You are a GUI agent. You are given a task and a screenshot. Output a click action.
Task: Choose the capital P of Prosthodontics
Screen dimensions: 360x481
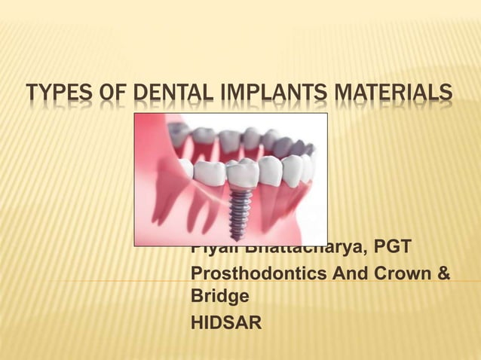198,274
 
